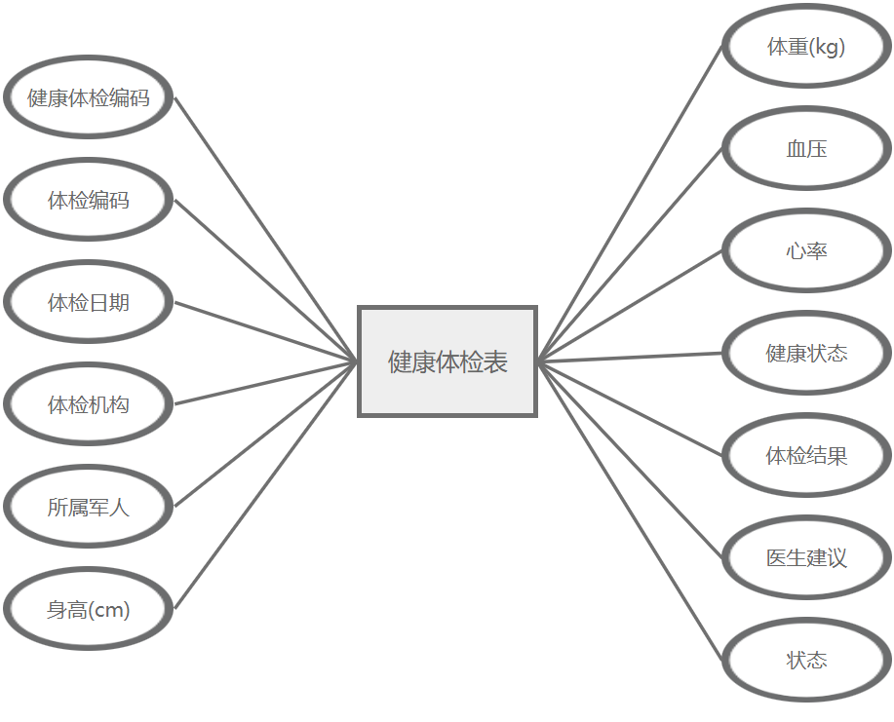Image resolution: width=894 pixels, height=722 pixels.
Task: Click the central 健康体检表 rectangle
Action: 447,361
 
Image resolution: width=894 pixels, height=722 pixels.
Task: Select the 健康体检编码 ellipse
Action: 89,98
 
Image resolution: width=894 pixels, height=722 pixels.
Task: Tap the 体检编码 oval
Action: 89,201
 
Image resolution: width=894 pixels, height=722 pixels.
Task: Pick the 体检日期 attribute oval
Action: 89,303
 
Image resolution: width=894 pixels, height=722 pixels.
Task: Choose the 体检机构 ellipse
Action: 89,405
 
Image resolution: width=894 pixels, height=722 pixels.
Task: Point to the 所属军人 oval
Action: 89,508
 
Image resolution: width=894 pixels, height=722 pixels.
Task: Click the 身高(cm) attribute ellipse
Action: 89,610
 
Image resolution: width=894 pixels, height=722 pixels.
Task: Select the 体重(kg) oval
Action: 806,47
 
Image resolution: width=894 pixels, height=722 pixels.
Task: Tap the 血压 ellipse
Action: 806,149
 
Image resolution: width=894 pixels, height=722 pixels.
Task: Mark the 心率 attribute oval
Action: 806,251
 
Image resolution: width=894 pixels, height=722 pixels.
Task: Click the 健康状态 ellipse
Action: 806,354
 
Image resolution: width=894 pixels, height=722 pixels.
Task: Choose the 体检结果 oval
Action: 806,456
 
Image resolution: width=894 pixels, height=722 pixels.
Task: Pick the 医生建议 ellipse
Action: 806,558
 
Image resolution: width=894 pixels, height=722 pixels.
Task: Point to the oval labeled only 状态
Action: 806,661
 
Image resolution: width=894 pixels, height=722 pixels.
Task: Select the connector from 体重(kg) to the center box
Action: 630,204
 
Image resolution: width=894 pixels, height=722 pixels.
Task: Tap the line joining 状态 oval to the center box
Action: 630,511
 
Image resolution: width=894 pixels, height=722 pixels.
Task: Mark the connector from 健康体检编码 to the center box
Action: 266,230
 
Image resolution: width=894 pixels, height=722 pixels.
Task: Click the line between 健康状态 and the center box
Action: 630,358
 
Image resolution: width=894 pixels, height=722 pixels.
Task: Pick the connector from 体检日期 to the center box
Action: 266,332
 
